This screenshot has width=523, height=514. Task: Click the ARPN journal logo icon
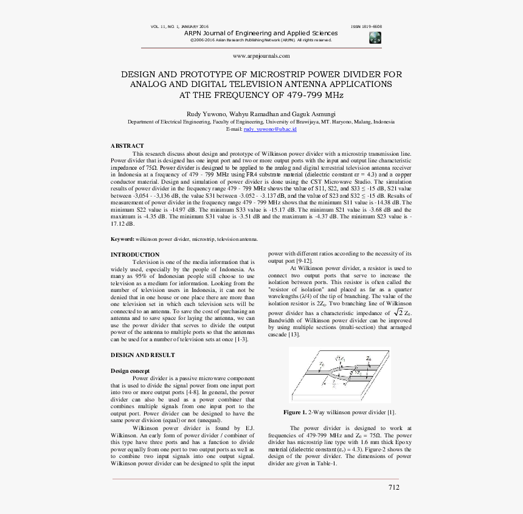375,38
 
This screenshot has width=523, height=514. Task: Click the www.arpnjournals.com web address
261,55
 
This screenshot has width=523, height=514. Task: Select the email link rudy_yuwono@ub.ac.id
269,129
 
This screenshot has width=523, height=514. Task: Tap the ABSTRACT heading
127,146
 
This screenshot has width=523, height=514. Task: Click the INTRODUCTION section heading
135,255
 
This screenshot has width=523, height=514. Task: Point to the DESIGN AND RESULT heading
142,355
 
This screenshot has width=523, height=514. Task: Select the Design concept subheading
130,370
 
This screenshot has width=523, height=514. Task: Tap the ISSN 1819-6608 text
367,27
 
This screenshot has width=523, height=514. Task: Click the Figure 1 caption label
295,412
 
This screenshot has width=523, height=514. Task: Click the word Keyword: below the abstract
122,239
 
